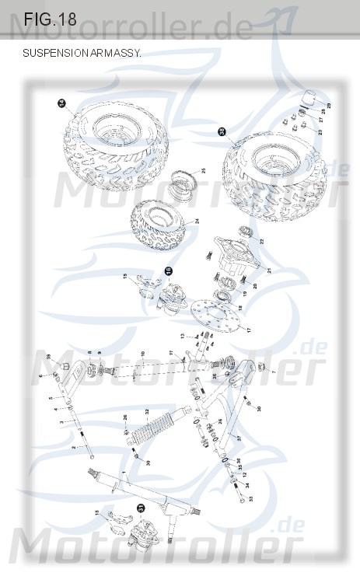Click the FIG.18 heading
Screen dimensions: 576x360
50,20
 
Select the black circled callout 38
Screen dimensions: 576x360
222,133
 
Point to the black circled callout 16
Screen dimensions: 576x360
167,271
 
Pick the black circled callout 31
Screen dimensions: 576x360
141,506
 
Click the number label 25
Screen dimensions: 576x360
203,170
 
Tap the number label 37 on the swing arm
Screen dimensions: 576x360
239,438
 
